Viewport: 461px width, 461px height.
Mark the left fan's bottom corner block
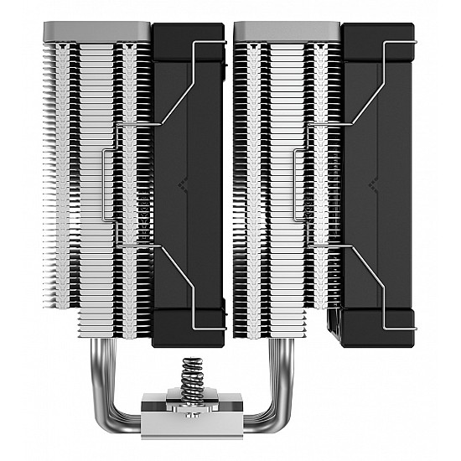pos(189,326)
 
